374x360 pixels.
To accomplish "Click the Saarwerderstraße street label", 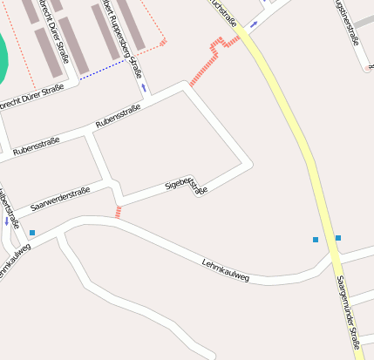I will [x=60, y=200].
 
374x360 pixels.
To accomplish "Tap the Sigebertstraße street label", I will [x=187, y=184].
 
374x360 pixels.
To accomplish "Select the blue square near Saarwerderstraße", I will [x=32, y=233].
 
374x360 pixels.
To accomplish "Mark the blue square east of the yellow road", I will [x=338, y=238].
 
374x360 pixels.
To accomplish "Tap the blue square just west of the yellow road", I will [x=316, y=240].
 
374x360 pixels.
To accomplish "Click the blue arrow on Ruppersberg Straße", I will [x=143, y=87].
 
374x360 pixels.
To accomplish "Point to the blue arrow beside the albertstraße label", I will [x=7, y=221].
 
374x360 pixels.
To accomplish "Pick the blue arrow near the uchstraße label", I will [x=254, y=24].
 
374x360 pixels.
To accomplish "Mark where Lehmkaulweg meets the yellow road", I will [x=333, y=257].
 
